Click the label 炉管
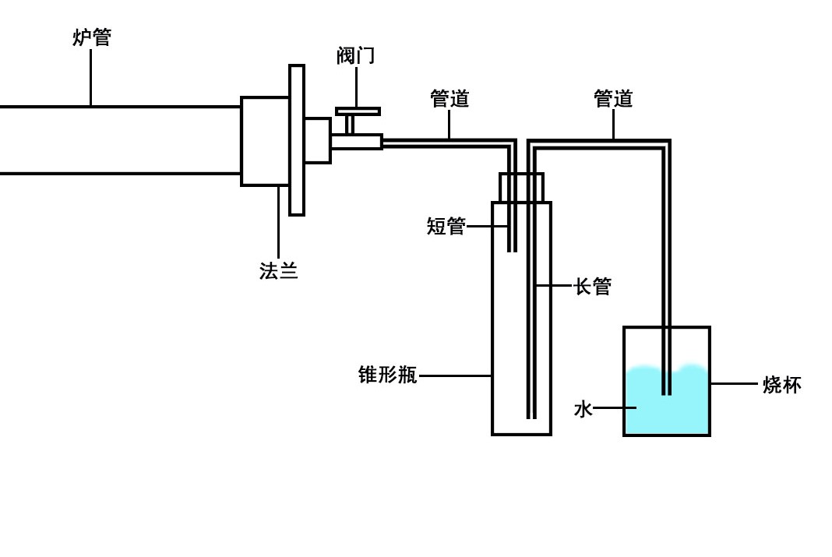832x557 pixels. pos(92,37)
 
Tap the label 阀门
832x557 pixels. pos(356,55)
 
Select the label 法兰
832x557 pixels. pos(278,270)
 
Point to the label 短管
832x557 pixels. pos(446,226)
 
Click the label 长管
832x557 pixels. pos(593,286)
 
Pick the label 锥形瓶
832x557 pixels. pos(388,375)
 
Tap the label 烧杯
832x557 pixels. pos(781,384)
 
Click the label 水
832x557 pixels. pos(583,408)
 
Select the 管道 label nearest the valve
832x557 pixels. pos(449,99)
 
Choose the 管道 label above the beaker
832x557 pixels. pos(613,99)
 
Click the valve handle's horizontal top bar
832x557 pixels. pos(358,111)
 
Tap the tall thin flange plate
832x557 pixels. pos(296,140)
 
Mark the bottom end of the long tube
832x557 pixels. pos(531,416)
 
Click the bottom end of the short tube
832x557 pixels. pos(512,249)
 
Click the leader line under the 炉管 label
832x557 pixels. pos(90,78)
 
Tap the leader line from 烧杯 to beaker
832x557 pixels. pos(733,383)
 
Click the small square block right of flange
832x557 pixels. pos(317,140)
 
